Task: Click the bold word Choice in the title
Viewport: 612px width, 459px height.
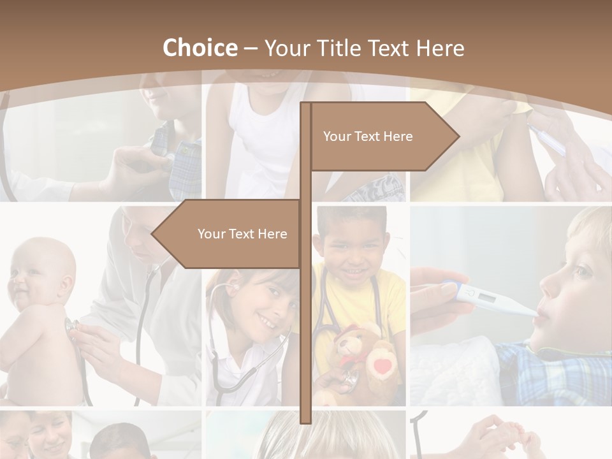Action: pyautogui.click(x=200, y=48)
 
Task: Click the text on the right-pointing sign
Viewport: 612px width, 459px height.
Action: pyautogui.click(x=368, y=136)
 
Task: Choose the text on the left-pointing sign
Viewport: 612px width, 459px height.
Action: pyautogui.click(x=242, y=234)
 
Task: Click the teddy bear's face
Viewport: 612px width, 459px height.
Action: pyautogui.click(x=349, y=344)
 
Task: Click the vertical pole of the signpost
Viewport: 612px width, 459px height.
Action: pyautogui.click(x=305, y=319)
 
